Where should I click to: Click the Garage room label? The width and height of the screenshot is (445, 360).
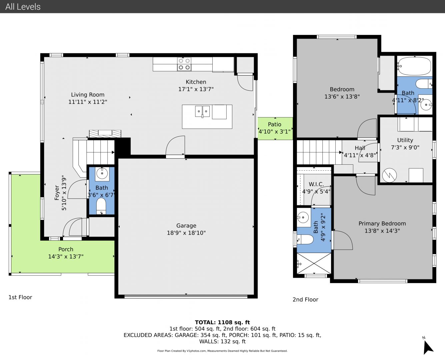click(x=186, y=226)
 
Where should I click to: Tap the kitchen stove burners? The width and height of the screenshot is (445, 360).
click(x=184, y=64)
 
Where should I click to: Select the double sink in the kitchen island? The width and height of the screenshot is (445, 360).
click(x=202, y=111)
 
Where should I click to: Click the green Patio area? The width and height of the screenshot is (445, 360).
click(x=275, y=128)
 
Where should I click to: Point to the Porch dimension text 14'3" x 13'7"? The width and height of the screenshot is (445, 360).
click(x=66, y=256)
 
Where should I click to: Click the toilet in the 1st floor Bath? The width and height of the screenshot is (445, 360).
click(x=101, y=206)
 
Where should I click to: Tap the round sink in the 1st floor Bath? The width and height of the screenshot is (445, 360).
click(x=102, y=173)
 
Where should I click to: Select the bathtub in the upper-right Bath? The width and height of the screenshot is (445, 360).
click(x=414, y=66)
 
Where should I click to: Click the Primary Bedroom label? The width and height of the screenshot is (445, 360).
click(x=382, y=224)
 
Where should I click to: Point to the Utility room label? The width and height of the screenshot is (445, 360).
click(x=405, y=140)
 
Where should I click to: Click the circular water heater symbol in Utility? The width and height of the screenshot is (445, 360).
click(x=389, y=175)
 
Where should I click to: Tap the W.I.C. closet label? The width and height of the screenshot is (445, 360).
click(x=316, y=184)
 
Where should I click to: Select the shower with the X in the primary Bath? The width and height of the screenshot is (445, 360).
click(x=314, y=263)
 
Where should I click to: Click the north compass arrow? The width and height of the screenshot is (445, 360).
click(x=428, y=347)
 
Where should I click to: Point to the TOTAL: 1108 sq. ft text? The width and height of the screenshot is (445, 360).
click(x=222, y=322)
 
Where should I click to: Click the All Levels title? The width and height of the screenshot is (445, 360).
click(x=23, y=7)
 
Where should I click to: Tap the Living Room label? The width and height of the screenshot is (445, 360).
click(x=88, y=95)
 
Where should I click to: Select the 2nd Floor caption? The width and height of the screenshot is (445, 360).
click(x=305, y=299)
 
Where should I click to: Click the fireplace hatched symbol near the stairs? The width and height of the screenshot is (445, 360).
click(x=105, y=134)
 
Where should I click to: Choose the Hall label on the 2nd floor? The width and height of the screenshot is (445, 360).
click(x=360, y=148)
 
